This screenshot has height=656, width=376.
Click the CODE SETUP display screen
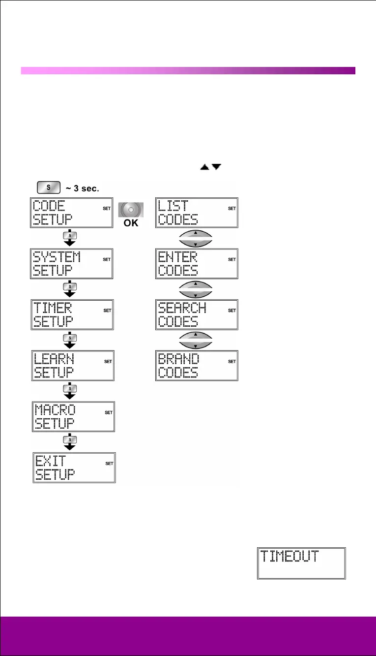coord(73,213)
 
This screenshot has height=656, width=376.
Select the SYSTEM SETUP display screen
coord(73,263)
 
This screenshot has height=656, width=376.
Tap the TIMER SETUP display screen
coord(73,314)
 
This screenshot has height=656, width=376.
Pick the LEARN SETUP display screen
coord(73,365)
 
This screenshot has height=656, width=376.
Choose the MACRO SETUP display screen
coord(73,416)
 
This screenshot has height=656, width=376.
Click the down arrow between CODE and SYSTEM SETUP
coord(70,238)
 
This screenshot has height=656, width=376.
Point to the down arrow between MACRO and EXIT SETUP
coord(70,441)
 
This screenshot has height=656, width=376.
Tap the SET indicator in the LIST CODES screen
coord(231,209)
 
